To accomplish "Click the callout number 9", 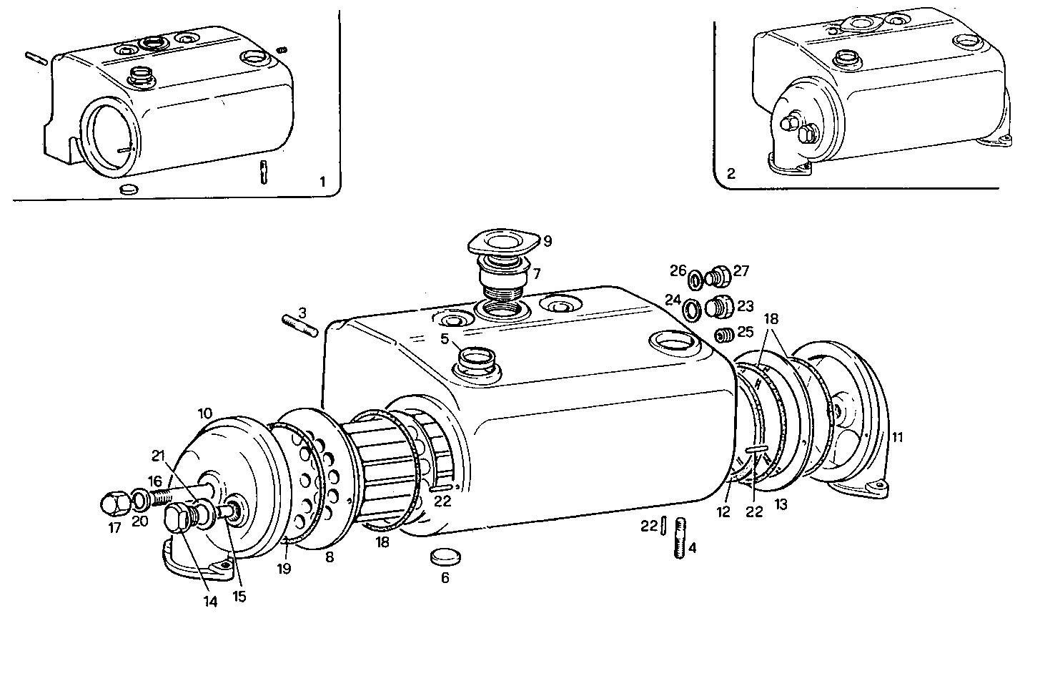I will (x=548, y=242).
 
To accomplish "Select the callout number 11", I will (x=897, y=437).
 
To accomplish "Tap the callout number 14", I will (x=209, y=602).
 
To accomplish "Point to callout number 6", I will (x=445, y=578).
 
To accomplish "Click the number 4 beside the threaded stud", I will (x=692, y=549).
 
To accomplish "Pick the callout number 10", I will (x=205, y=413).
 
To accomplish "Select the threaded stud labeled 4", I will (x=680, y=540).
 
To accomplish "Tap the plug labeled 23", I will (x=718, y=306).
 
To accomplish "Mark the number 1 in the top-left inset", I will (x=322, y=182).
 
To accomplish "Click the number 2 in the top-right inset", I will (x=731, y=174).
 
